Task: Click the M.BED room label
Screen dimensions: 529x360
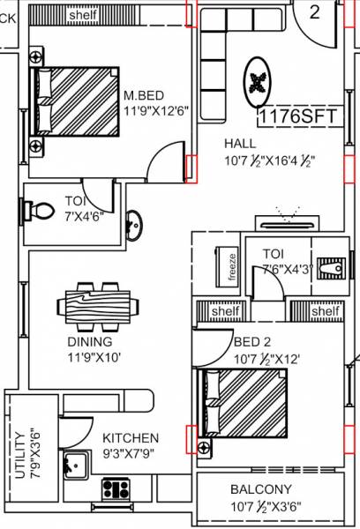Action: [142, 95]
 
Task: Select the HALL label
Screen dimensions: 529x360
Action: [241, 144]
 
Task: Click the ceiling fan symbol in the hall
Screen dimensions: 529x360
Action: [258, 84]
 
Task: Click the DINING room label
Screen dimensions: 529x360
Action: [89, 341]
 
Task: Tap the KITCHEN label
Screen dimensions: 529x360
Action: [131, 437]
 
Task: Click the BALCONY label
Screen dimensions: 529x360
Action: [261, 488]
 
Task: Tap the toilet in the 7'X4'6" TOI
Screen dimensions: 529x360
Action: [39, 209]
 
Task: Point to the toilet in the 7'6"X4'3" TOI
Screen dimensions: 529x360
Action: [331, 266]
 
